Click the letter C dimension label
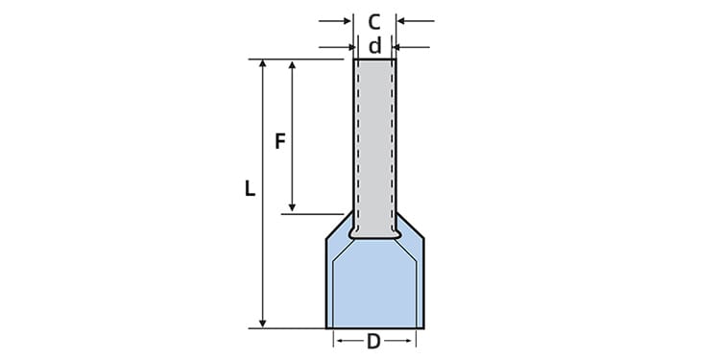click(x=374, y=20)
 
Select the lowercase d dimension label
click(x=374, y=46)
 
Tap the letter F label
click(x=280, y=141)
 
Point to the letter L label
click(x=250, y=190)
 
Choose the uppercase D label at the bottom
click(x=373, y=341)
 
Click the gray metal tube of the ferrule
click(x=374, y=134)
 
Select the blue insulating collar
click(x=374, y=283)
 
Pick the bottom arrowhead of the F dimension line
click(x=293, y=207)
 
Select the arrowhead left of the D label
click(x=339, y=341)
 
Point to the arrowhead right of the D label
click(x=410, y=341)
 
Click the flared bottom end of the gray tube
click(x=374, y=232)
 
